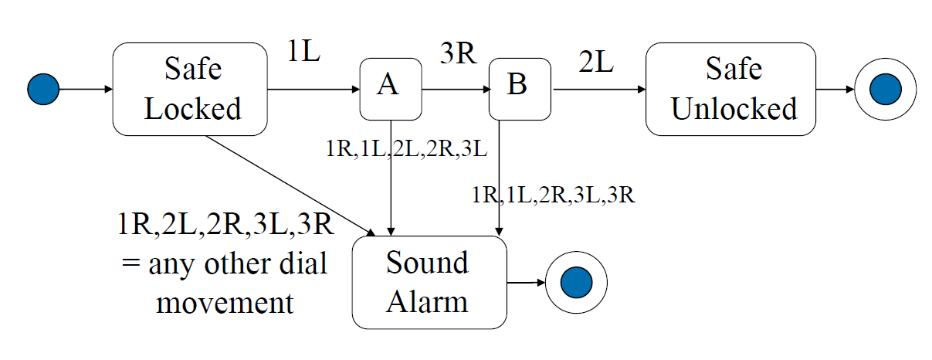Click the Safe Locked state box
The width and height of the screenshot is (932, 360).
click(x=190, y=90)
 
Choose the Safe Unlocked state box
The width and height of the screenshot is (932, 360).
click(x=730, y=90)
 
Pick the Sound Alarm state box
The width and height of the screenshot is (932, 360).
click(x=429, y=283)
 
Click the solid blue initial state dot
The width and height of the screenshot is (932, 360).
click(x=43, y=90)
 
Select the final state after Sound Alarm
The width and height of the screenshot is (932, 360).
click(x=576, y=283)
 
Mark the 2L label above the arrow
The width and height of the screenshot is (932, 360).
click(x=595, y=64)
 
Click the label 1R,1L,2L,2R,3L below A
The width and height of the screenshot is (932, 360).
click(x=407, y=149)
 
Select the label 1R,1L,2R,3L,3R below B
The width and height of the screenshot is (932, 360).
click(x=554, y=195)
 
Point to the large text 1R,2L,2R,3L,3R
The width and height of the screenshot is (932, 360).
click(x=224, y=226)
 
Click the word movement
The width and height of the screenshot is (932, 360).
click(x=225, y=302)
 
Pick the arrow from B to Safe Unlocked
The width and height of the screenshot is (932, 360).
click(x=598, y=90)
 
